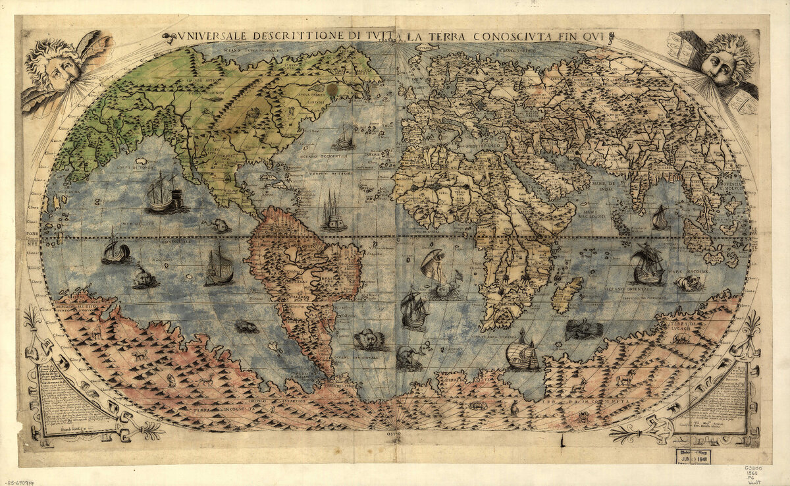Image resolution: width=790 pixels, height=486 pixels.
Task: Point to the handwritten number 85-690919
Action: click(x=18, y=481)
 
